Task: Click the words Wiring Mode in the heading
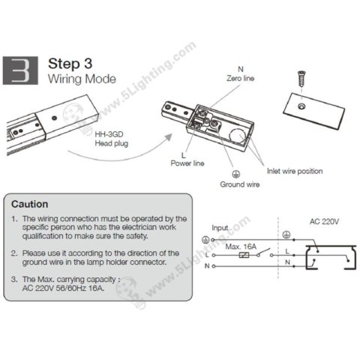(76, 78)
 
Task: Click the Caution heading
(31, 203)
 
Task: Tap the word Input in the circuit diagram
(220, 226)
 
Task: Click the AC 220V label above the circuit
(325, 222)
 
